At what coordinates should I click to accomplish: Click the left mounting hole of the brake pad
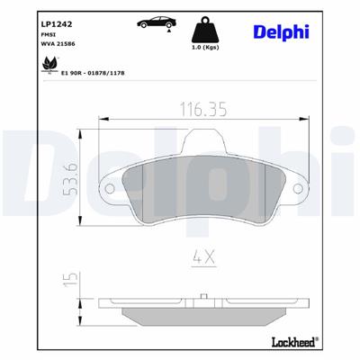coord(109,189)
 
